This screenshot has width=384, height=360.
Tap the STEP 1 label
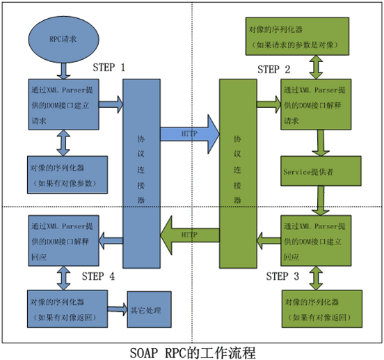pyautogui.click(x=109, y=68)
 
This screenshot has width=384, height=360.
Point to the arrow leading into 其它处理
pyautogui.click(x=118, y=308)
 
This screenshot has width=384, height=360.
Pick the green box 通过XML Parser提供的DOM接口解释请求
pyautogui.click(x=321, y=104)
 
